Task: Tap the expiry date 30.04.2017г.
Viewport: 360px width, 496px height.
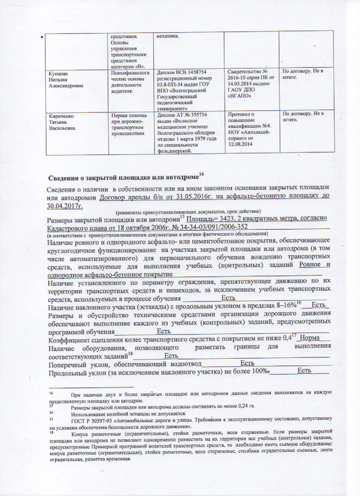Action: point(65,206)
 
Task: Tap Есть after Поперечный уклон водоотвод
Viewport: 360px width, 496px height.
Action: point(247,363)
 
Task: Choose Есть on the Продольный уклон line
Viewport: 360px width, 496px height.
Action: point(305,371)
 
